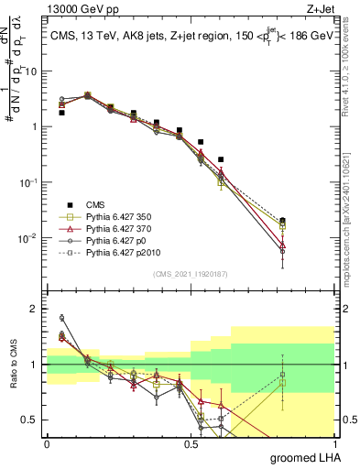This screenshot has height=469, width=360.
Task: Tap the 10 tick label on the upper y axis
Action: click(31, 71)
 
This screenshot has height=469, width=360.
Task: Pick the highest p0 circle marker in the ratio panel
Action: click(61, 318)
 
